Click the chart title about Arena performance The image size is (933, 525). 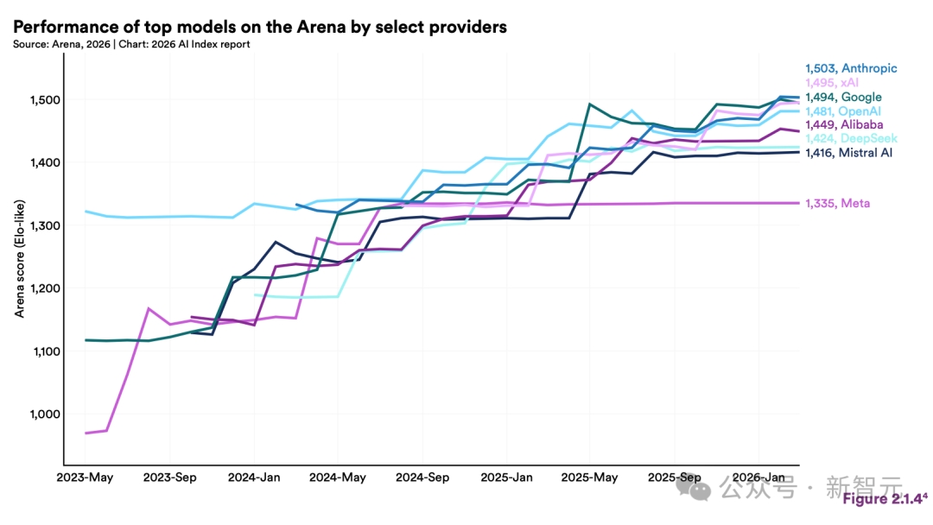[x=259, y=27]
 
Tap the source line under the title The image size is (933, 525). [x=131, y=44]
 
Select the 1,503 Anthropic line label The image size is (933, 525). [x=850, y=68]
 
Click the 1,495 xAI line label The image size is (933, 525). [x=834, y=82]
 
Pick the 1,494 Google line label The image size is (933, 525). [x=842, y=98]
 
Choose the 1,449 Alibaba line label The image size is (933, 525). [x=844, y=125]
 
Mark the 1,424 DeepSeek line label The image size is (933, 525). [x=850, y=138]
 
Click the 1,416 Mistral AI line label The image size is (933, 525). [x=848, y=152]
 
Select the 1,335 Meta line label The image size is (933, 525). [x=837, y=203]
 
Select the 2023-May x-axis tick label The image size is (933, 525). [x=86, y=478]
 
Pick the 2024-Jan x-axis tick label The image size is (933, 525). [x=254, y=478]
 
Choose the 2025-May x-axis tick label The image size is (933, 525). [x=589, y=478]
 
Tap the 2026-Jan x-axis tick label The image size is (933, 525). [x=758, y=478]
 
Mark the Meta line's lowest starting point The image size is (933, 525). [x=86, y=433]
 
